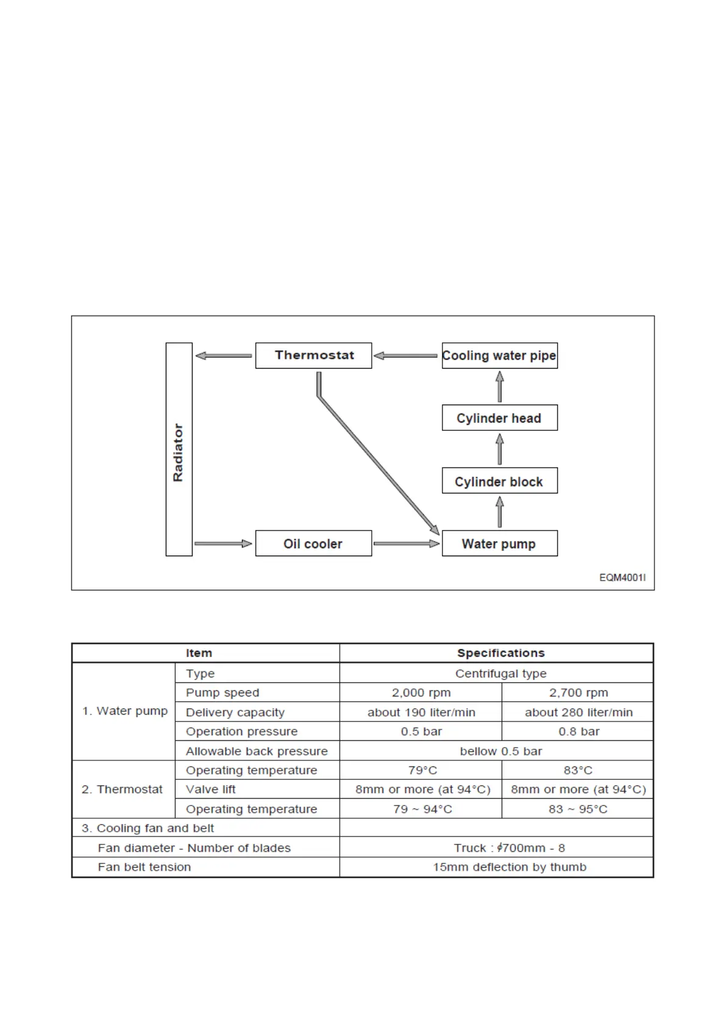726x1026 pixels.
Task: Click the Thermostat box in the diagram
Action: [x=313, y=355]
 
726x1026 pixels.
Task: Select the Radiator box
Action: [x=179, y=449]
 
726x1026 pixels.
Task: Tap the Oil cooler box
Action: [x=313, y=543]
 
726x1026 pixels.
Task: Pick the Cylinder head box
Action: [x=499, y=418]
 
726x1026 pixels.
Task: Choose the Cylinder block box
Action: [x=499, y=481]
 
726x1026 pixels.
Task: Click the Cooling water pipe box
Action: [x=499, y=355]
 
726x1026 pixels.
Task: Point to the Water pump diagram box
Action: [x=499, y=543]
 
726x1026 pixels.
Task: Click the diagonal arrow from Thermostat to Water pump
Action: [x=378, y=463]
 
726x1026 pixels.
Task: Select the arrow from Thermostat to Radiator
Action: [x=223, y=356]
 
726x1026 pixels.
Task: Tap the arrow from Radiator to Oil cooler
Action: [x=223, y=543]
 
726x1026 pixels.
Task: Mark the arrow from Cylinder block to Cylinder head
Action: [x=500, y=449]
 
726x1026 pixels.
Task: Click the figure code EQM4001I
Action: [x=622, y=578]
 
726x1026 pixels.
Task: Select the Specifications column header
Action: [x=500, y=653]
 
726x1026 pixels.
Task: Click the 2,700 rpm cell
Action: [x=578, y=693]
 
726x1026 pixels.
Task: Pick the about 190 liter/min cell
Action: [x=421, y=712]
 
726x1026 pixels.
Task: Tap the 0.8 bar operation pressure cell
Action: [x=578, y=731]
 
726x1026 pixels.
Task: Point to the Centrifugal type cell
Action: [x=500, y=673]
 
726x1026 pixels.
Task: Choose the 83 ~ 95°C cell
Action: [x=578, y=809]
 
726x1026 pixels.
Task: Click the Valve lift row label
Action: [x=211, y=790]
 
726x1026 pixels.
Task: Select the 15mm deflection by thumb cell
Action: [x=510, y=867]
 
